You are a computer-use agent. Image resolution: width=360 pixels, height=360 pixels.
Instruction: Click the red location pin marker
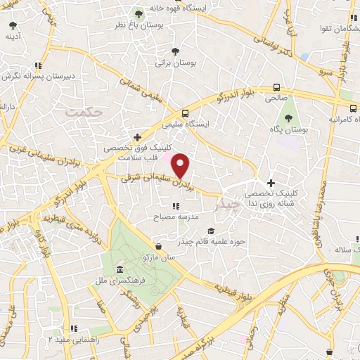181,165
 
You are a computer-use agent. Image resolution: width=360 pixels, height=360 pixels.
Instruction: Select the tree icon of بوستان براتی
175,51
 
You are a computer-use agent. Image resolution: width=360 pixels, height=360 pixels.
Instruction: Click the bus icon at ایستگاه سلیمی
185,112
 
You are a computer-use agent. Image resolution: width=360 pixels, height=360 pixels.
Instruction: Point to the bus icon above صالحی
276,88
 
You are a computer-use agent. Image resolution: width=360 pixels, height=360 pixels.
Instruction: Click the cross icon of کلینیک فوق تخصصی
137,137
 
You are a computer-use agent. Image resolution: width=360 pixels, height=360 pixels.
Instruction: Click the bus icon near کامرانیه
354,108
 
